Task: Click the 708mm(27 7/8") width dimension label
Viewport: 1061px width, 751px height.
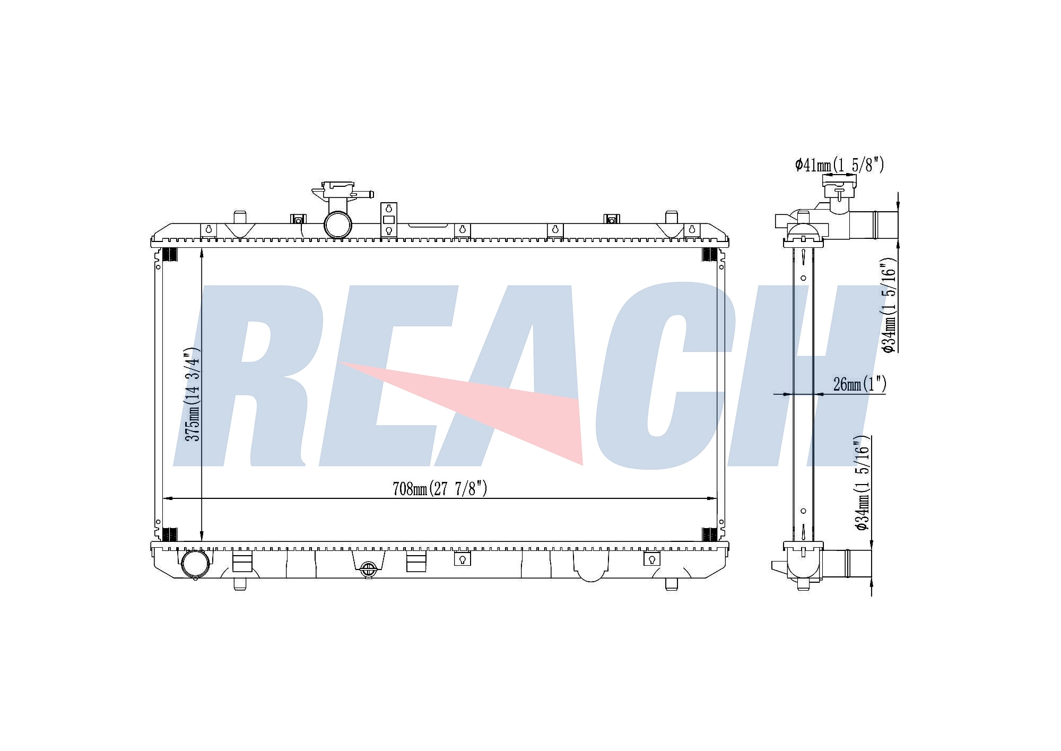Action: point(439,488)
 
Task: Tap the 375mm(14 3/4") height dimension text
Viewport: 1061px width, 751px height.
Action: point(192,394)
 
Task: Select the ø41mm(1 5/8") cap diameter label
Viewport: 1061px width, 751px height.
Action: point(839,165)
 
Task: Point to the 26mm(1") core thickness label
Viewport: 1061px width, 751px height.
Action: point(859,384)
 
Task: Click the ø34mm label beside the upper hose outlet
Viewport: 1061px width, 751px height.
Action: point(889,305)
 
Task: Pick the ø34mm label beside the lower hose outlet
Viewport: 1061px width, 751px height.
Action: point(862,483)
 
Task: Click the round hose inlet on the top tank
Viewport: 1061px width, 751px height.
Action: point(338,225)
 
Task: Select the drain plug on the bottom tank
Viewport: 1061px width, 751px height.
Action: point(368,569)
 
